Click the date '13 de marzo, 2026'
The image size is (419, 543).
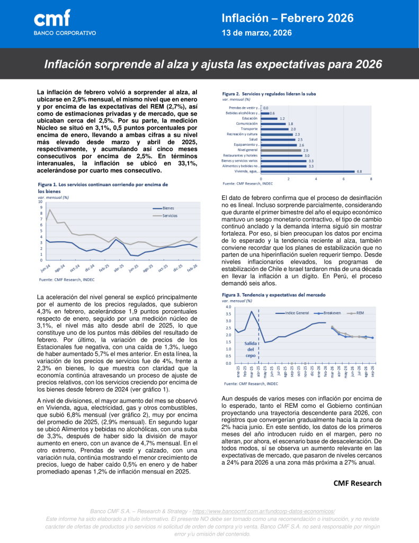(x=256, y=33)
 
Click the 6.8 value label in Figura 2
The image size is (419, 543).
(x=359, y=171)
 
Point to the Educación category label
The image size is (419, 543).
(x=249, y=118)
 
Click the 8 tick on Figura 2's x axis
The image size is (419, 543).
(x=371, y=179)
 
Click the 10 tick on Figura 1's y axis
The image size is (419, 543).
(x=40, y=202)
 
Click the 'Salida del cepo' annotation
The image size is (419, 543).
(x=250, y=349)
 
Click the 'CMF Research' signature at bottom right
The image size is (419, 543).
(x=357, y=483)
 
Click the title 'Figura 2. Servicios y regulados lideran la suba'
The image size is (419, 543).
(x=269, y=93)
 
